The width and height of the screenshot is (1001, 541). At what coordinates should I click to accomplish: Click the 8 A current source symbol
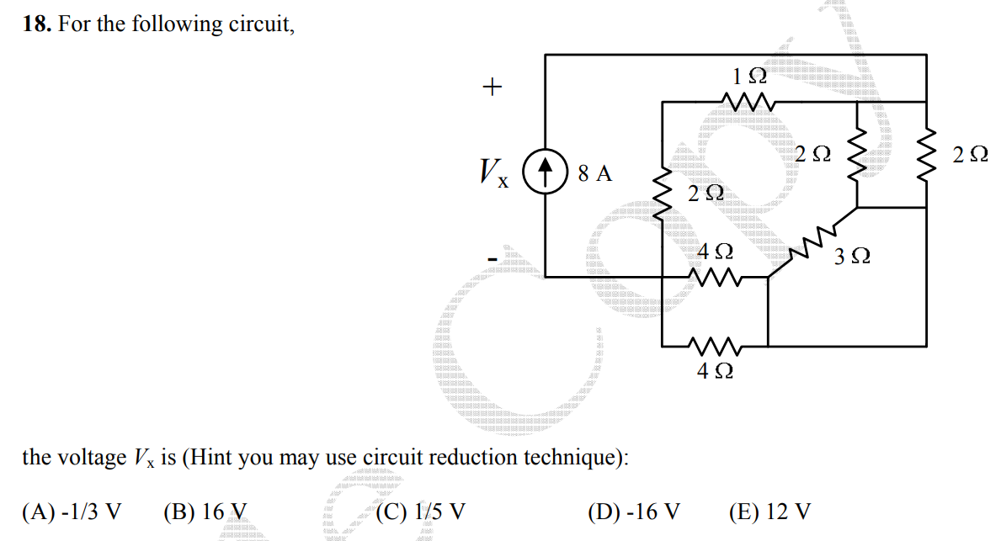click(546, 174)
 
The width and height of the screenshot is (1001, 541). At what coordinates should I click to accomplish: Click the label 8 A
click(594, 175)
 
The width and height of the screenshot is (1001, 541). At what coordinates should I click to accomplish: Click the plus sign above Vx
click(492, 86)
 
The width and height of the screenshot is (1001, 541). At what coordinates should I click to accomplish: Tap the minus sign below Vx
click(492, 255)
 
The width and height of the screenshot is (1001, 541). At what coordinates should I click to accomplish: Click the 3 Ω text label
click(852, 257)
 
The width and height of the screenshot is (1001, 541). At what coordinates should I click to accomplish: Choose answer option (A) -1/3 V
click(72, 512)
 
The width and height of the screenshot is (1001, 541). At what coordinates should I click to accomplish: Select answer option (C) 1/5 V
click(421, 512)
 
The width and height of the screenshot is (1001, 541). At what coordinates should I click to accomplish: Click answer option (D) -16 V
click(634, 512)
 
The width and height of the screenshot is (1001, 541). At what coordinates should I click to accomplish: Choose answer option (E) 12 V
click(769, 512)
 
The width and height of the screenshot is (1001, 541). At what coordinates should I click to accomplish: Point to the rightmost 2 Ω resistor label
click(970, 155)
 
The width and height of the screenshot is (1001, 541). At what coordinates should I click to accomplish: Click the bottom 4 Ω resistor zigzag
click(715, 345)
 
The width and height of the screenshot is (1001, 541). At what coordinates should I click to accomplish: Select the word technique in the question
click(575, 459)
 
